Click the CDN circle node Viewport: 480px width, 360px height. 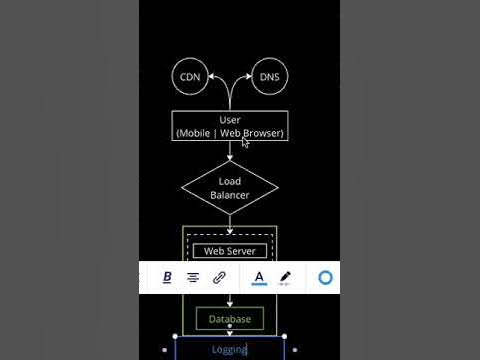189,78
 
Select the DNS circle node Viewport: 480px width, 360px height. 269,78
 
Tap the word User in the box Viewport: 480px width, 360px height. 230,120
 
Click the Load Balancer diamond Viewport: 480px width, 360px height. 230,188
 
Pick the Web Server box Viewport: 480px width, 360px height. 229,251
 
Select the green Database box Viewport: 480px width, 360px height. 229,320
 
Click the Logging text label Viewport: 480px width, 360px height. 229,350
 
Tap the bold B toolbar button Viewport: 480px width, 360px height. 167,277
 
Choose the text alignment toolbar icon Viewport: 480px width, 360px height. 193,277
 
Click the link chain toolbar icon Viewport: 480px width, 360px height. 220,277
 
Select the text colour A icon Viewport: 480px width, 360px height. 259,277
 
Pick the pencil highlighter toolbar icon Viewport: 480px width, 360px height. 285,277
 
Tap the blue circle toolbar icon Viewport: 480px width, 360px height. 325,277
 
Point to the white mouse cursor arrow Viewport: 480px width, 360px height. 245,142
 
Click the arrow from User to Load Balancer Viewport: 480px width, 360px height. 230,151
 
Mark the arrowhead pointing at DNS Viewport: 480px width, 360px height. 248,77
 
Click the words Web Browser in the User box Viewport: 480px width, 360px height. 252,133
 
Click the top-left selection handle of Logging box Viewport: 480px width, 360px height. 175,337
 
